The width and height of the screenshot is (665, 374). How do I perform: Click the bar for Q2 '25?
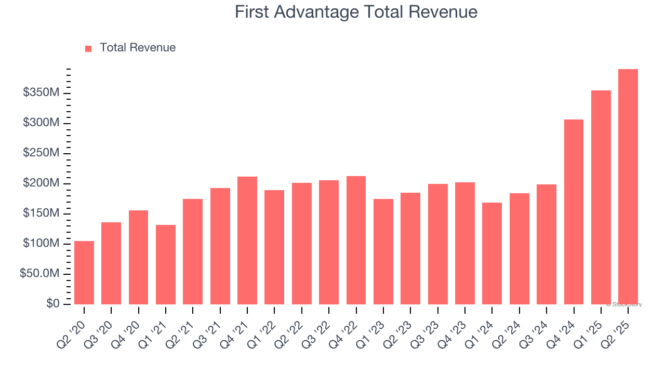(628, 187)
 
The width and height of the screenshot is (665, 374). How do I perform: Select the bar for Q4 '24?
(574, 212)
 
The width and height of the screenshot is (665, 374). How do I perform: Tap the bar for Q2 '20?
(84, 273)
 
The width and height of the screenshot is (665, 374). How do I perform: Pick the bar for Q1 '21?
(166, 264)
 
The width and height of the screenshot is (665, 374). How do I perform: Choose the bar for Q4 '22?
(356, 240)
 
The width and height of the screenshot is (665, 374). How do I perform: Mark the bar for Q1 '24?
(492, 253)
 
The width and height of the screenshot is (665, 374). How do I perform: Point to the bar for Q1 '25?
(601, 197)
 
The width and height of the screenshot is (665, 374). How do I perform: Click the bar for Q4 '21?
(247, 241)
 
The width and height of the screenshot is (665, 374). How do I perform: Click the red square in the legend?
(88, 49)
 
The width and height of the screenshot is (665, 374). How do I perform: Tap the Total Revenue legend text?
(138, 48)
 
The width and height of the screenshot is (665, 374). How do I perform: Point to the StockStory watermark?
(624, 304)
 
